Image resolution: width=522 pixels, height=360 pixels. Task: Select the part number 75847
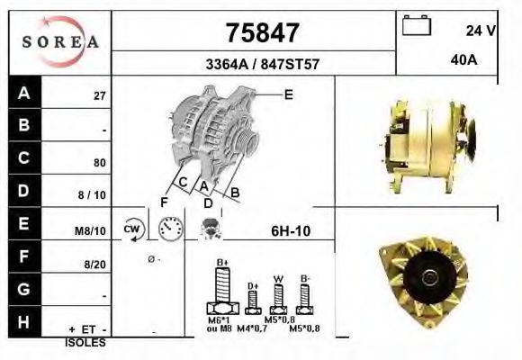point(261,33)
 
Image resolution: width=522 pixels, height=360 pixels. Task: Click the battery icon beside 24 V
point(416,26)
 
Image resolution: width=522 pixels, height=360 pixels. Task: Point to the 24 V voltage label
point(481,31)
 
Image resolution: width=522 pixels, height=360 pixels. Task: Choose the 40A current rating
point(463,61)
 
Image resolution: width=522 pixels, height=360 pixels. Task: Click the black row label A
point(24,93)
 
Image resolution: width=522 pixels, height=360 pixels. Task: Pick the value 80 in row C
point(100,164)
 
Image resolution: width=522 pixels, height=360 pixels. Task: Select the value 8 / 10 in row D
point(94,194)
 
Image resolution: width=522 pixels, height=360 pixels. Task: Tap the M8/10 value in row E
point(92,230)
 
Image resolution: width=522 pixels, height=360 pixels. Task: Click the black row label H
point(24,321)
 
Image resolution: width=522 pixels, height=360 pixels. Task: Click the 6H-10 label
point(291,229)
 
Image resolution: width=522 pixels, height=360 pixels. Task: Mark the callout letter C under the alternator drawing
point(182,183)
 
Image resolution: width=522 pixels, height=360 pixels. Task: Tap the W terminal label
point(280,277)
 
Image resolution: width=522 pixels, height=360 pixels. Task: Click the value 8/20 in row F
point(95,265)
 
